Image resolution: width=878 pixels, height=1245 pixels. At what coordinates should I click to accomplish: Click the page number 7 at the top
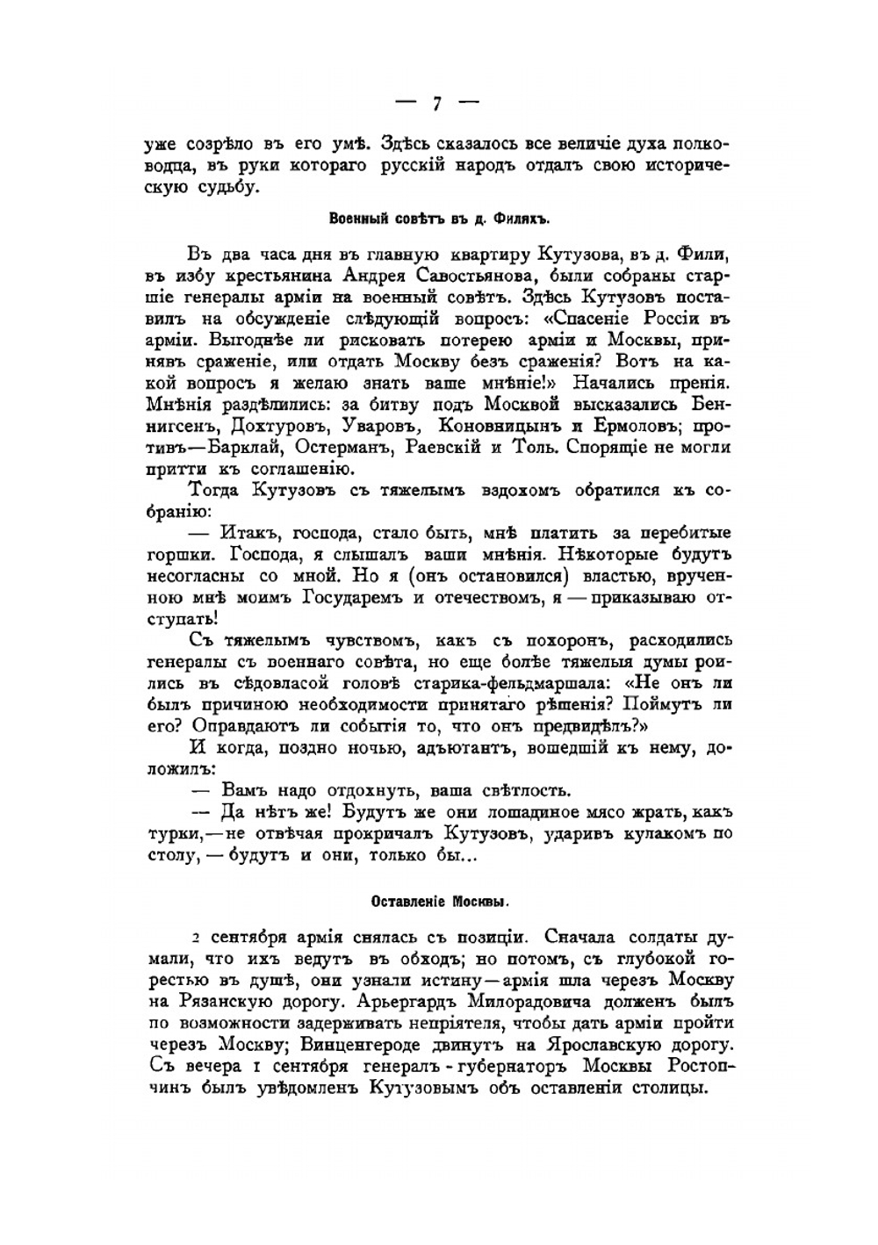coord(436,104)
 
